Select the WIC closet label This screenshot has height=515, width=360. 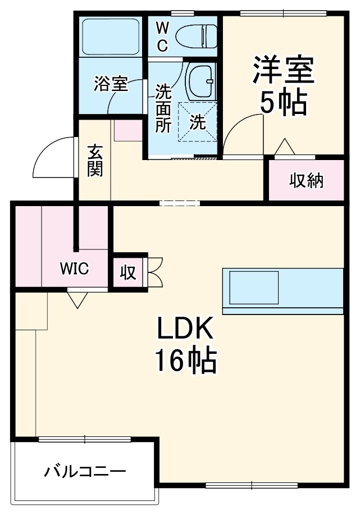tap(75, 268)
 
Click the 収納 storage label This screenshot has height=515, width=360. tap(306, 181)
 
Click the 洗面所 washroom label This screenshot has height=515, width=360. tap(163, 107)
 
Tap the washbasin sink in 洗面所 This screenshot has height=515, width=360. tap(200, 81)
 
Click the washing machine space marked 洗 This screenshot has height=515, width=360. tap(198, 122)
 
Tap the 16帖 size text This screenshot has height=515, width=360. tap(185, 362)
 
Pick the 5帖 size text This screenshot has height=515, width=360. tap(282, 103)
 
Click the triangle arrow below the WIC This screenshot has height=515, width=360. tap(76, 299)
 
